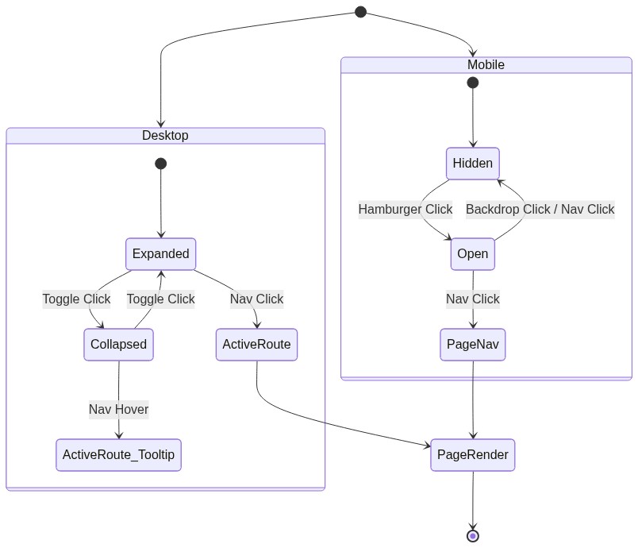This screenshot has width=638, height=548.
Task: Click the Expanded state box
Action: pos(160,254)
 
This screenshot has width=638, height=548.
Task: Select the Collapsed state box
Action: pos(118,345)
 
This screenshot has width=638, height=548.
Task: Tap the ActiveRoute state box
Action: pos(256,345)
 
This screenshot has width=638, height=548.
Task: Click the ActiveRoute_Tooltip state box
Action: pos(118,455)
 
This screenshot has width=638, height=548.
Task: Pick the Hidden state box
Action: pos(473,164)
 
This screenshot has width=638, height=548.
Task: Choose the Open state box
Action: pos(473,254)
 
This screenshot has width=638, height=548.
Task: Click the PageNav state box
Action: pos(473,345)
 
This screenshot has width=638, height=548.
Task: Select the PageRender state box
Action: pos(473,455)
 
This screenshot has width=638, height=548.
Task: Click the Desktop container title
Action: pos(165,135)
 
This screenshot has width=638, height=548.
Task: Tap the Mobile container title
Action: pos(486,64)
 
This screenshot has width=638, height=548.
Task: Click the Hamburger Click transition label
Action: pos(405,210)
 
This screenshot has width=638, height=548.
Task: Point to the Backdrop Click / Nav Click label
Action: pos(540,210)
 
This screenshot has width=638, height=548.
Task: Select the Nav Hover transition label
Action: pos(118,410)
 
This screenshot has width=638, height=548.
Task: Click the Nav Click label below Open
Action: pos(473,299)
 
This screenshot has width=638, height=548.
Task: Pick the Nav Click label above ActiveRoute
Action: pos(256,299)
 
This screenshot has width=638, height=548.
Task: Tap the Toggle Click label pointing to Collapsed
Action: pos(76,299)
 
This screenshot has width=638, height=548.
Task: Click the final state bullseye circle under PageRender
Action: pos(473,536)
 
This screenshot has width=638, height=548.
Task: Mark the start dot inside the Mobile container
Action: pos(473,83)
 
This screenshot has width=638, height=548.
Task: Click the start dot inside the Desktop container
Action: pos(160,164)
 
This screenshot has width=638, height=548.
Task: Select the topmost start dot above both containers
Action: pos(360,12)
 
